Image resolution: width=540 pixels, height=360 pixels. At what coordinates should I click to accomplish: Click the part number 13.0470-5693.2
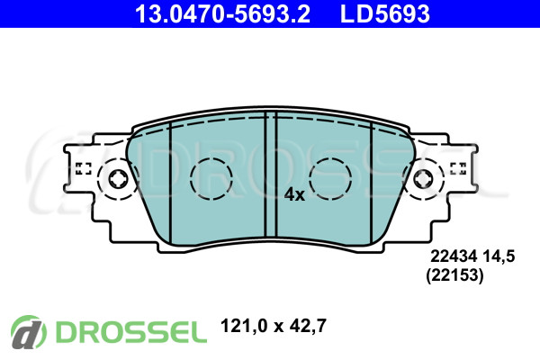(222, 13)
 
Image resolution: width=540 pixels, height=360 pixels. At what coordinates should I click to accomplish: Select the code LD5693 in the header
(384, 13)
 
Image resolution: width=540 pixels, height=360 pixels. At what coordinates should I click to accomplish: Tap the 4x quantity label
(294, 195)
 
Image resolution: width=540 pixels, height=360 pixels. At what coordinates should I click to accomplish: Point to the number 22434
(454, 256)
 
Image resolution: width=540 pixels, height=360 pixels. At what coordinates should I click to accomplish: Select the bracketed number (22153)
(454, 275)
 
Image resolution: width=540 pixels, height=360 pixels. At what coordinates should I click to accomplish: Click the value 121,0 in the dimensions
(244, 326)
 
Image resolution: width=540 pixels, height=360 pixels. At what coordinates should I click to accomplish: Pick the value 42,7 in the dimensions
(308, 326)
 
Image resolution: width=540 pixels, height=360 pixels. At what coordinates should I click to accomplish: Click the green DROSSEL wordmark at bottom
(131, 332)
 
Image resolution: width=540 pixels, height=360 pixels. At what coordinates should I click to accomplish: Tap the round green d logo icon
(28, 332)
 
